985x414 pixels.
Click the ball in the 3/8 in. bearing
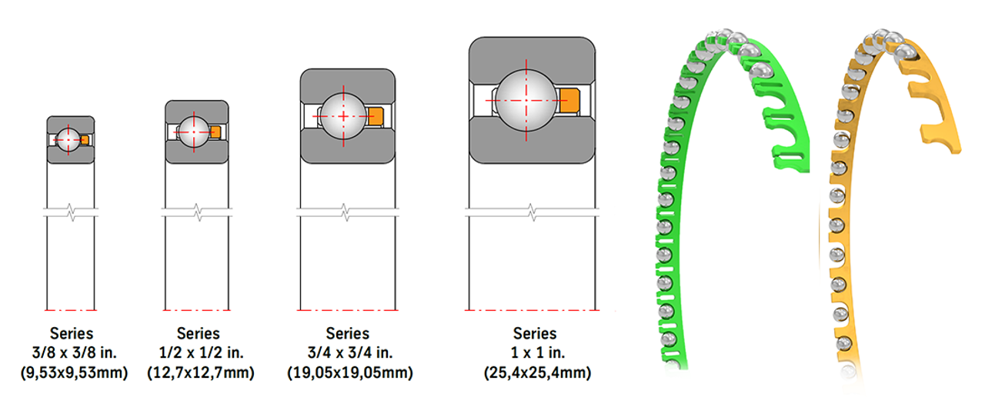coord(67,140)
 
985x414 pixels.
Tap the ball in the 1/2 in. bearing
coord(192,132)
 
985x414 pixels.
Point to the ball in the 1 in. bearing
coord(526,99)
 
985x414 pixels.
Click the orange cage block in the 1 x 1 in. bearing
coord(569,99)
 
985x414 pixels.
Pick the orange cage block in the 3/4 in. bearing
coord(375,117)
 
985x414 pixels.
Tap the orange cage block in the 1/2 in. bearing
coord(215,132)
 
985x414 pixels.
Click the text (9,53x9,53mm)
coord(72,373)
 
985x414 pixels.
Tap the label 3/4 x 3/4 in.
coord(348,353)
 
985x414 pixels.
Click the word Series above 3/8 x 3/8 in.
coord(72,333)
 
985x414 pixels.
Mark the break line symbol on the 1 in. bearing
coord(532,210)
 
